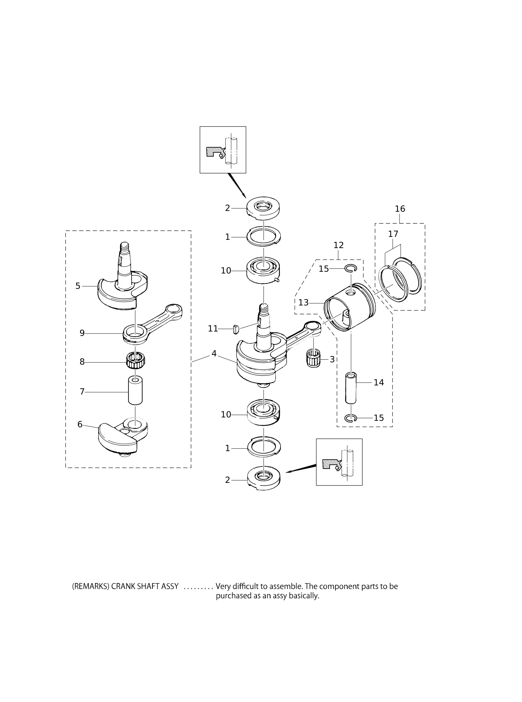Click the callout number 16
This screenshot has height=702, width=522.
[400, 209]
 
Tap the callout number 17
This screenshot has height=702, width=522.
[393, 234]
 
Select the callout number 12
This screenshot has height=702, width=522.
[338, 245]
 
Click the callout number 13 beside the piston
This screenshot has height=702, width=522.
[303, 303]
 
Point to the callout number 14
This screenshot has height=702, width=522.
[379, 383]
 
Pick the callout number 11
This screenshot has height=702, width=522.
[213, 328]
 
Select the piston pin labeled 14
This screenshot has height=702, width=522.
[351, 388]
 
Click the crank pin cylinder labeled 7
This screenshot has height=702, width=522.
[135, 390]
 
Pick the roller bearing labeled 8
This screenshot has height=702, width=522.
[135, 361]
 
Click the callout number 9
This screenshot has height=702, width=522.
[82, 333]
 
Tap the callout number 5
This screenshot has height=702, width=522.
[78, 286]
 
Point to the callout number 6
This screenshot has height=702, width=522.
[80, 424]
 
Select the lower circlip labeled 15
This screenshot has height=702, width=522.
[350, 418]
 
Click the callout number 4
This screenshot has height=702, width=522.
[214, 354]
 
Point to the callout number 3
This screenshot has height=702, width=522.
[332, 359]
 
